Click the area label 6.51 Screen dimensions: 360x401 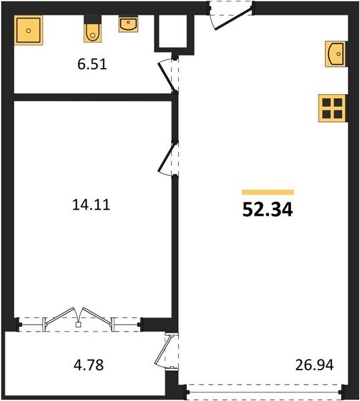92,64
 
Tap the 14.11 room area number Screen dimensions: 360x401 91,205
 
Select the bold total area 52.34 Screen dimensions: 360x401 267,209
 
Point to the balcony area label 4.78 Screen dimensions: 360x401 88,365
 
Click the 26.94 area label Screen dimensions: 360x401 314,365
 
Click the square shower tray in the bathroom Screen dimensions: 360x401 28,30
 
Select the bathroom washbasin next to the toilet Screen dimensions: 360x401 128,25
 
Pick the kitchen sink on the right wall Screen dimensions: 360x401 335,54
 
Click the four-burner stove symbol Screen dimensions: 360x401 332,108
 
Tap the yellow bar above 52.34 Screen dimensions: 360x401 268,192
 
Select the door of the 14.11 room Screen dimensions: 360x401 168,159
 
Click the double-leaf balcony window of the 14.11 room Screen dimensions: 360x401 78,318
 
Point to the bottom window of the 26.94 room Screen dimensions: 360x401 263,392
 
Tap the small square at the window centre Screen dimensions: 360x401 78,325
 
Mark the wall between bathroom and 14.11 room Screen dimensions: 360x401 92,97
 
